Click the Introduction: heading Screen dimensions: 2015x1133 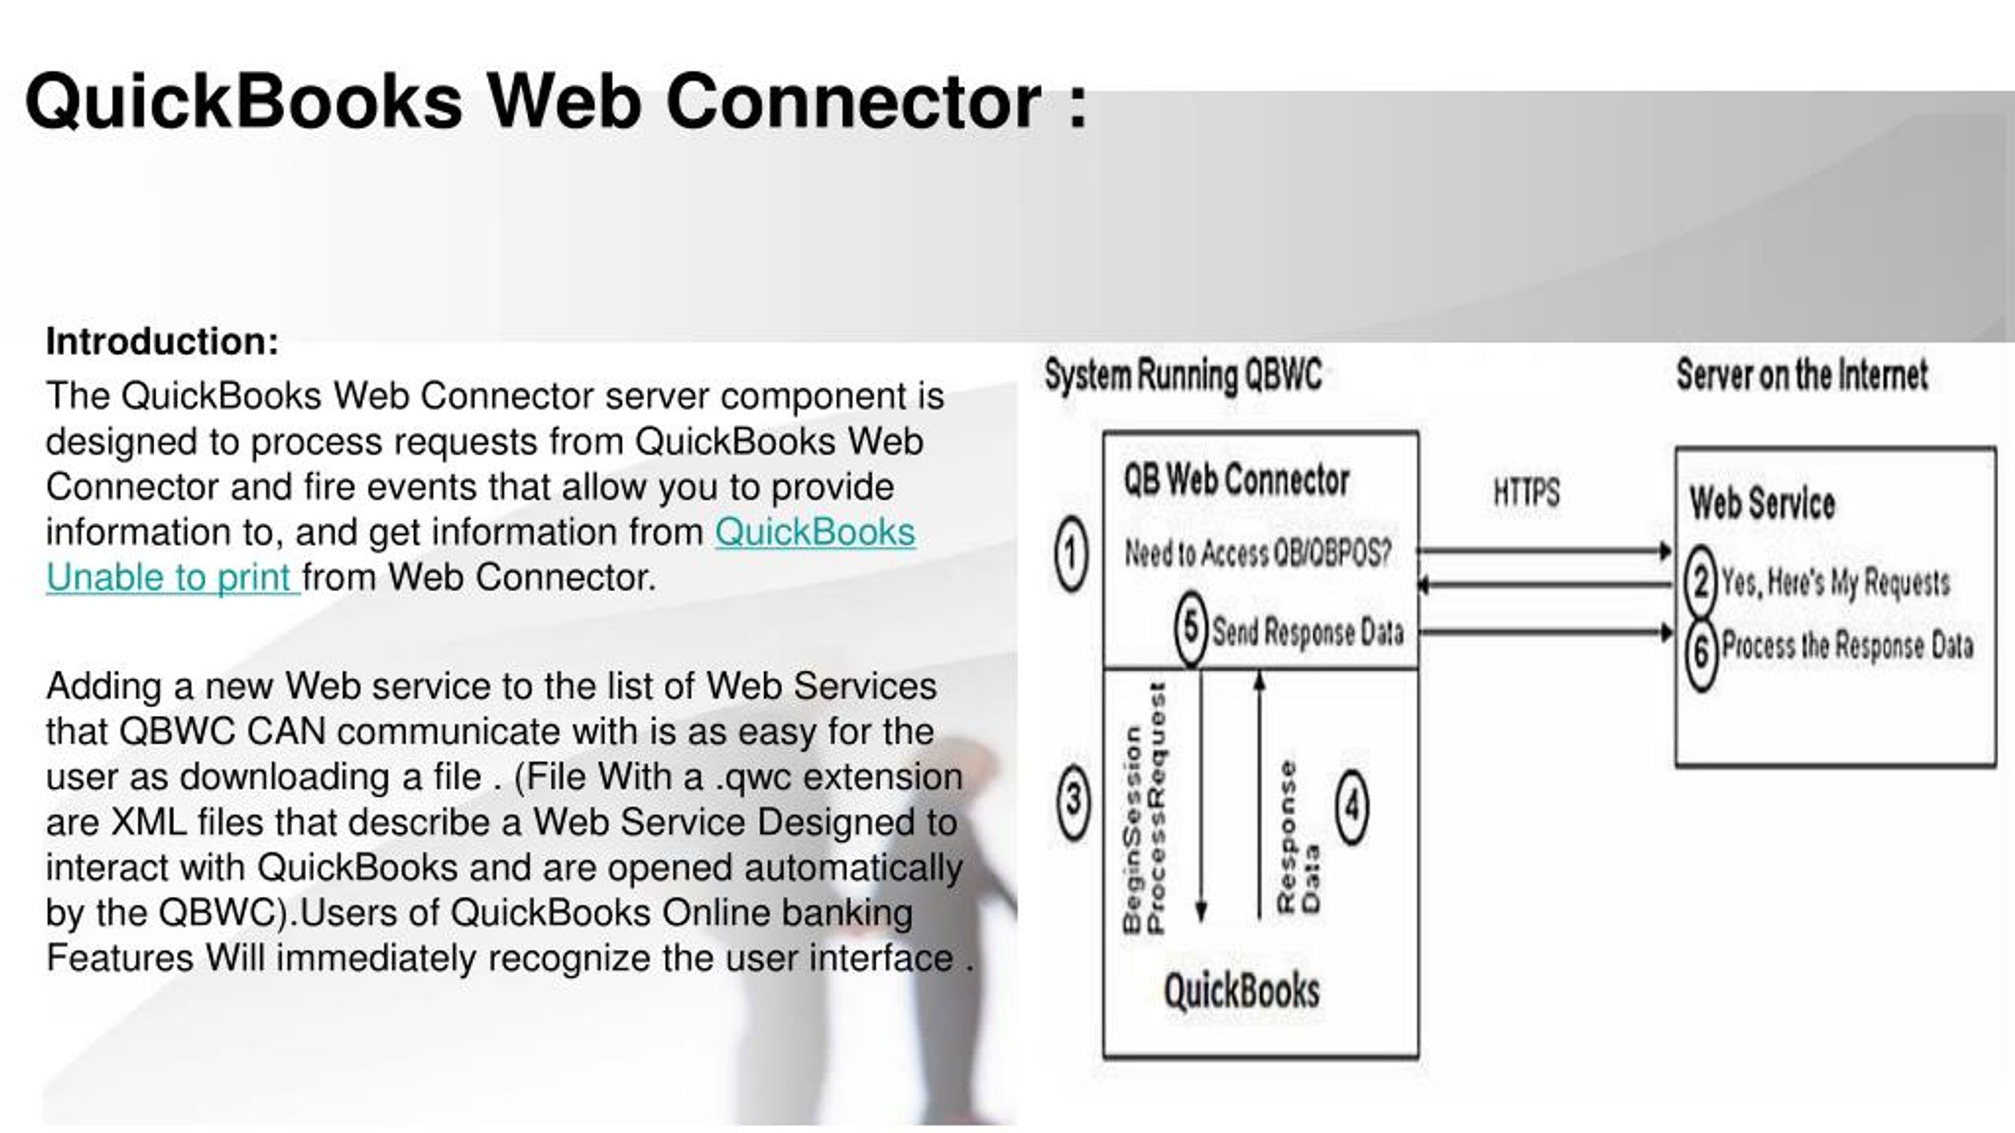click(x=162, y=341)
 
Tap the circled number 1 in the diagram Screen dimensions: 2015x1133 click(x=1071, y=554)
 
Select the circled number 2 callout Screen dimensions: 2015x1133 click(x=1700, y=581)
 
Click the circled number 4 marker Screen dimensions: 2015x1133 click(x=1352, y=806)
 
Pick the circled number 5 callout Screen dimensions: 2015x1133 click(x=1192, y=628)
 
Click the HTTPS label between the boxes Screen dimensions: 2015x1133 click(x=1526, y=493)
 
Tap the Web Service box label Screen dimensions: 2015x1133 click(x=1762, y=503)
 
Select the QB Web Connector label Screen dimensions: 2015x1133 click(x=1237, y=479)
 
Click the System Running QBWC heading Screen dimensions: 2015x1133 click(x=1183, y=375)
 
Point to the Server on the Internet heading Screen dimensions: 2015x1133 click(x=1802, y=375)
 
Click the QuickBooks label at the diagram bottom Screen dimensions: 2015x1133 click(x=1241, y=991)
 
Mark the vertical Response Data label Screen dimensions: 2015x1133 click(x=1298, y=836)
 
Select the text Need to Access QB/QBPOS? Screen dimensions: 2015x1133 click(x=1257, y=554)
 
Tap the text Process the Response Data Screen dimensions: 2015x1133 click(x=1847, y=645)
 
